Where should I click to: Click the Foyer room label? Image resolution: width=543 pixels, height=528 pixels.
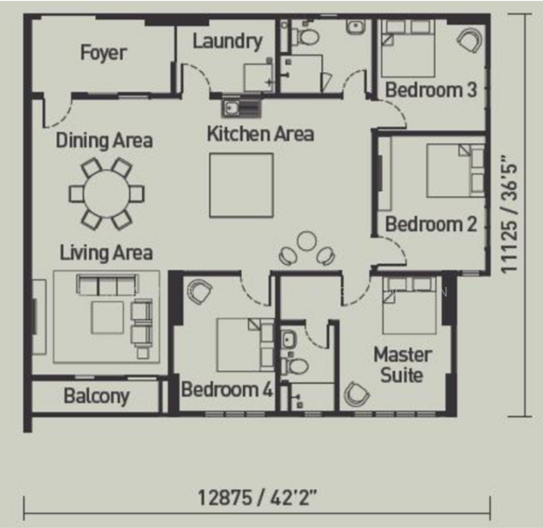tap(103, 53)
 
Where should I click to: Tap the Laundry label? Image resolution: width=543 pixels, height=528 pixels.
tap(227, 41)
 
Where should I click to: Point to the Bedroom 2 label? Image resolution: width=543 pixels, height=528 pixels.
tap(430, 224)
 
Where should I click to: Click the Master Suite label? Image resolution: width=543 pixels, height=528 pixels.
tap(402, 365)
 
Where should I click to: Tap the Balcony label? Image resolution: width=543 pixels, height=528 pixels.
tap(96, 396)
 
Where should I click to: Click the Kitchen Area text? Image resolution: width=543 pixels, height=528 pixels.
tap(260, 135)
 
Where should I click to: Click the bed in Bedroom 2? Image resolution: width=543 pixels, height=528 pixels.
tap(453, 170)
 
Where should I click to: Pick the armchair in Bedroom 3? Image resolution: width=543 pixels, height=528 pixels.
tap(469, 40)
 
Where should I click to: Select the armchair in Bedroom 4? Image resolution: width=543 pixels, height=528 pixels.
tap(200, 290)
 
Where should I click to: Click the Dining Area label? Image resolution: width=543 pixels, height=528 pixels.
tap(104, 141)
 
